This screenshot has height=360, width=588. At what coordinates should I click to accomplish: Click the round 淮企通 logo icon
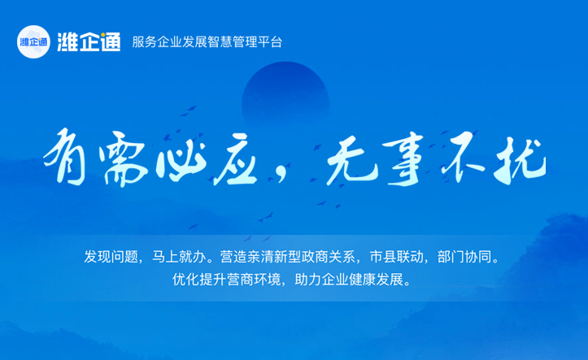pos(33,41)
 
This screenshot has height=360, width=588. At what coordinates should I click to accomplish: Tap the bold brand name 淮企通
pos(89,41)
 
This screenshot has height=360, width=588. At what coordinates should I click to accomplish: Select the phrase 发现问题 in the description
pos(111,258)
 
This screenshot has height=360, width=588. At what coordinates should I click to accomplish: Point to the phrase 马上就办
pos(177,258)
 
